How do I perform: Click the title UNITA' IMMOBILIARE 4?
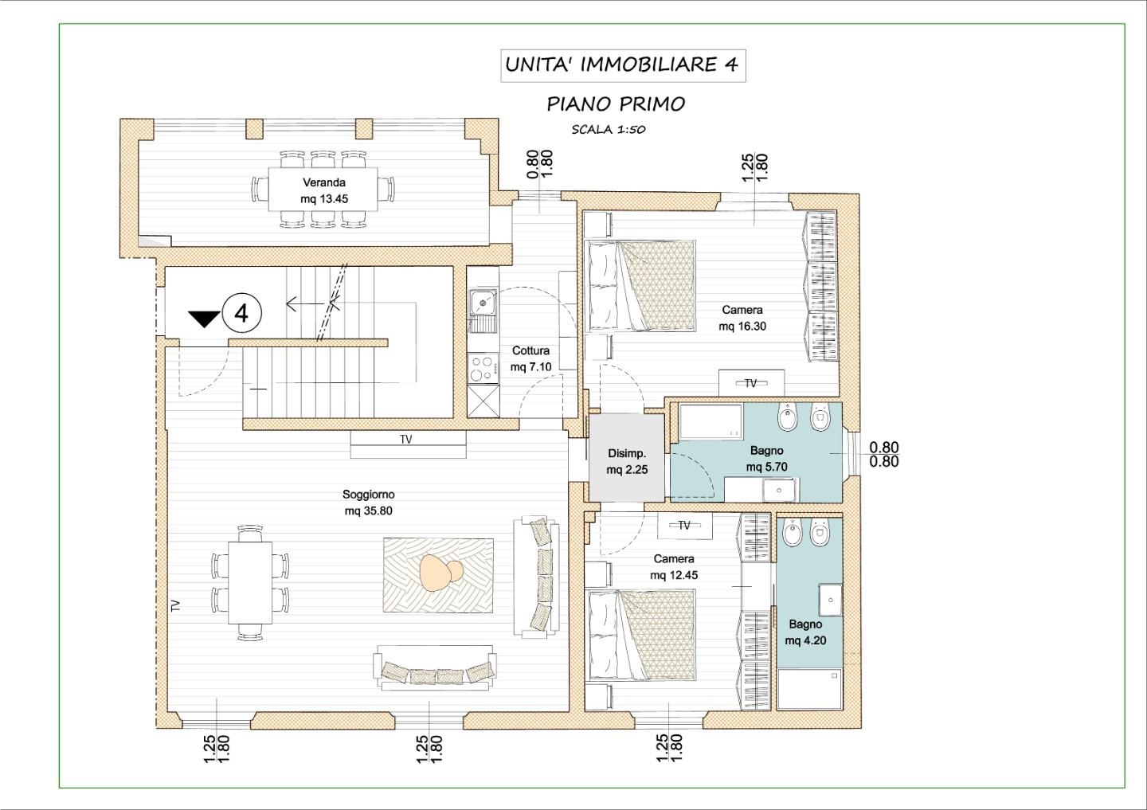pyautogui.click(x=622, y=65)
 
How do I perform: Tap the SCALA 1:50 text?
pyautogui.click(x=609, y=130)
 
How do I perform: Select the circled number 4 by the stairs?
pyautogui.click(x=241, y=313)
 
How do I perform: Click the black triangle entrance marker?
pyautogui.click(x=204, y=319)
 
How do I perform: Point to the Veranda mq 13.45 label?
pyautogui.click(x=324, y=190)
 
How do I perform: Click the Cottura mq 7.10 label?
pyautogui.click(x=531, y=358)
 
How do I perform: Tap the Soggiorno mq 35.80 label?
pyautogui.click(x=369, y=503)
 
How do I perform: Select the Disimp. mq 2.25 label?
pyautogui.click(x=627, y=461)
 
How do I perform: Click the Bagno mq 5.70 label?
pyautogui.click(x=766, y=458)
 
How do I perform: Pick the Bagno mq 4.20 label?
pyautogui.click(x=805, y=632)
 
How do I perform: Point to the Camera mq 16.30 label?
pyautogui.click(x=742, y=318)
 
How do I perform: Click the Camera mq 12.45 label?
pyautogui.click(x=674, y=567)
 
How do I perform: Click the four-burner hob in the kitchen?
pyautogui.click(x=483, y=368)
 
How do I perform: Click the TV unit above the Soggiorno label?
pyautogui.click(x=408, y=444)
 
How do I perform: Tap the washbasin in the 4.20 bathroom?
pyautogui.click(x=829, y=600)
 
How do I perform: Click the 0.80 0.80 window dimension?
pyautogui.click(x=884, y=454)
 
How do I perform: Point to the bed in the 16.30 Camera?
pyautogui.click(x=642, y=286)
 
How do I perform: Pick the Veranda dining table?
pyautogui.click(x=323, y=189)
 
